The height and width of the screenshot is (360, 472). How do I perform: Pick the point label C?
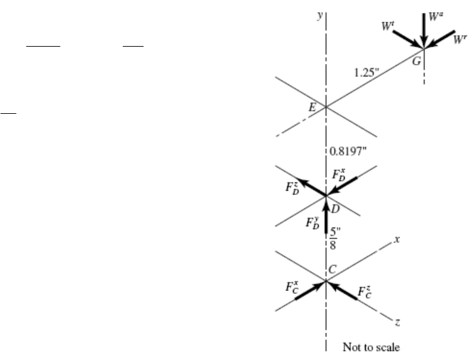[333, 269]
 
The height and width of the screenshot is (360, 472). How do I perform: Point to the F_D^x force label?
[339, 175]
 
